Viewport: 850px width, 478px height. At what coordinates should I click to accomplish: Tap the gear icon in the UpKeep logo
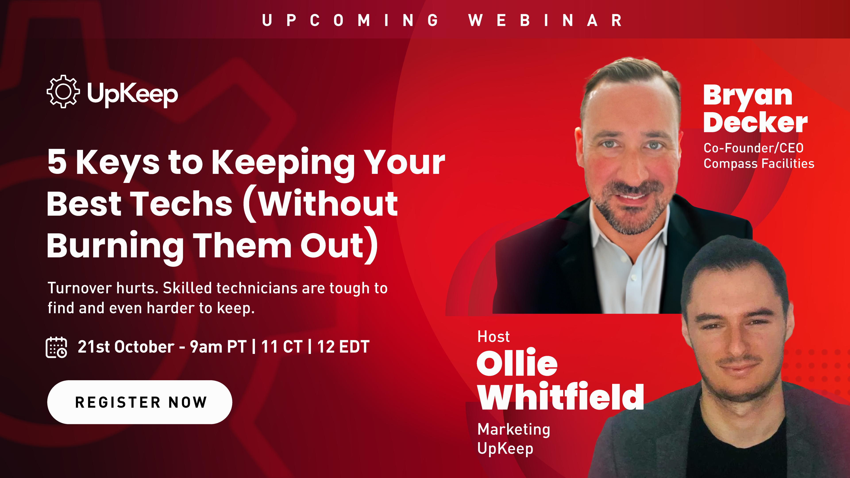point(63,91)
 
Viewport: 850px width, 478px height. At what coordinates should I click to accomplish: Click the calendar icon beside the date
point(56,347)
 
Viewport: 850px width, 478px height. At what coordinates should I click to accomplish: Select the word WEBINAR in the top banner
point(545,20)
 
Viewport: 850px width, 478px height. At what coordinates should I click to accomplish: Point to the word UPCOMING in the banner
point(351,20)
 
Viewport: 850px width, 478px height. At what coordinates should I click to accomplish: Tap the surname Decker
point(755,122)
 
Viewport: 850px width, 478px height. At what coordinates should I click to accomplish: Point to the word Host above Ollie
point(493,336)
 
